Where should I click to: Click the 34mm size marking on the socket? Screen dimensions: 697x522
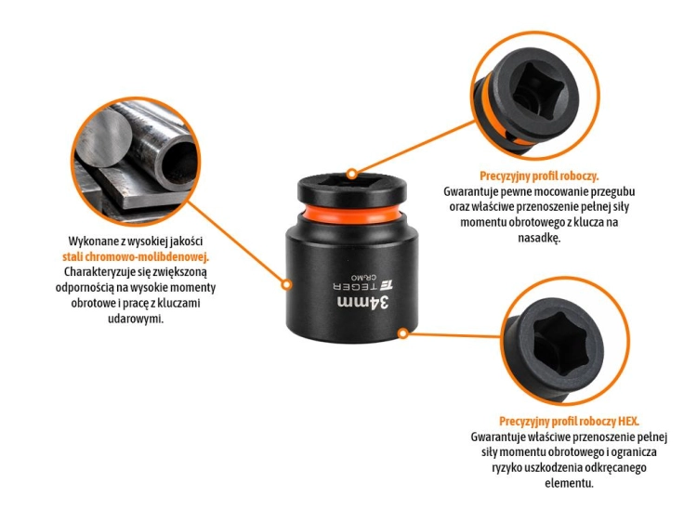[363, 304]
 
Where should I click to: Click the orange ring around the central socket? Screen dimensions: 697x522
[351, 215]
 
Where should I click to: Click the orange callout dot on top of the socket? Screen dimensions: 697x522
[351, 174]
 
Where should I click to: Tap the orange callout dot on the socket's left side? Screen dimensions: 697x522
[287, 284]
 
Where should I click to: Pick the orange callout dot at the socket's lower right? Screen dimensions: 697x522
[402, 333]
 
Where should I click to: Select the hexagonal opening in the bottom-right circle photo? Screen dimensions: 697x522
[562, 342]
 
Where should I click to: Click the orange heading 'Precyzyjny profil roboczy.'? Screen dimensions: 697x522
[539, 176]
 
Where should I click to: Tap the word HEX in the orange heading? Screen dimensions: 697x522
[628, 421]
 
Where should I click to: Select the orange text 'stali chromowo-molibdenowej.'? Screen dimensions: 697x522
[136, 256]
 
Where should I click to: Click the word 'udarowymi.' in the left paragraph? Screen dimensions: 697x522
[136, 319]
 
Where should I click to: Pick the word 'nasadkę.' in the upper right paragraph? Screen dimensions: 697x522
[539, 238]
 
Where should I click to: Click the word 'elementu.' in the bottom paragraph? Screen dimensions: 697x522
[569, 483]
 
